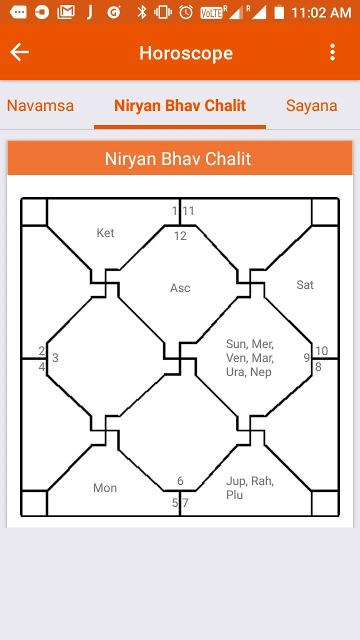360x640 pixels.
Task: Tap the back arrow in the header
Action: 19,52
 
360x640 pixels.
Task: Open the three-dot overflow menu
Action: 332,52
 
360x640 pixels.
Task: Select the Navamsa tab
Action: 40,105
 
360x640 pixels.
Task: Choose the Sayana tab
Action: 311,105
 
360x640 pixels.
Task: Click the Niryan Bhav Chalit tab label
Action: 180,105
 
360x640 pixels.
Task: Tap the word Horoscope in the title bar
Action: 186,53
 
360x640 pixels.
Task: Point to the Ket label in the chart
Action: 105,233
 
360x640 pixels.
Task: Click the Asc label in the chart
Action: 180,288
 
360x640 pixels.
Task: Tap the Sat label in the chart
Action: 305,285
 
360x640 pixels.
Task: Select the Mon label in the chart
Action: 105,488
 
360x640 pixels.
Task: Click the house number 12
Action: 180,236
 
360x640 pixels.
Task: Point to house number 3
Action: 55,358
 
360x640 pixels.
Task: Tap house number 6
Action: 180,481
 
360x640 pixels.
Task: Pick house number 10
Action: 321,351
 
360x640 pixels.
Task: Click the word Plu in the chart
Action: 234,495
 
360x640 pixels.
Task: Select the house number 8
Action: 318,367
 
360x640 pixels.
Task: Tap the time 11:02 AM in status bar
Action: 321,12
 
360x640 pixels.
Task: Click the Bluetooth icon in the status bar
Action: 142,12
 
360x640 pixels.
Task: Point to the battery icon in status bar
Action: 279,12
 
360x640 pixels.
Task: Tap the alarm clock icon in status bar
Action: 186,12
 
